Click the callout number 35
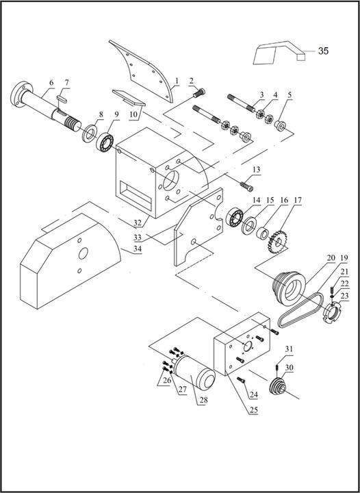[x=323, y=51]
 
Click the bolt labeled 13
[x=248, y=184]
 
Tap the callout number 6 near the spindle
[x=50, y=84]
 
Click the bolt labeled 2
[x=199, y=90]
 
